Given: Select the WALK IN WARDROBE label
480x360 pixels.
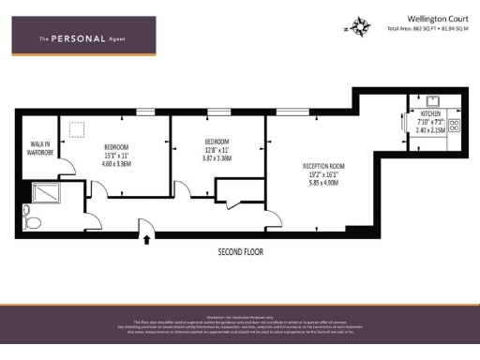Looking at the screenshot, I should [38, 147].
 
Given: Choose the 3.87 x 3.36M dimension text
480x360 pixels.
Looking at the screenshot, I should [216, 158].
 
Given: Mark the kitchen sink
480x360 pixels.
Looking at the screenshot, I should [434, 101].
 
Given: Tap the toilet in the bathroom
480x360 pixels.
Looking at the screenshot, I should [32, 221].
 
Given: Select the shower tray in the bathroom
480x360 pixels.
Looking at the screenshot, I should [45, 193].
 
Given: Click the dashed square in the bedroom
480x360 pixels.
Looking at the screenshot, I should [77, 130].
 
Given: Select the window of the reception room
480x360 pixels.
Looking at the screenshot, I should [289, 112].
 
